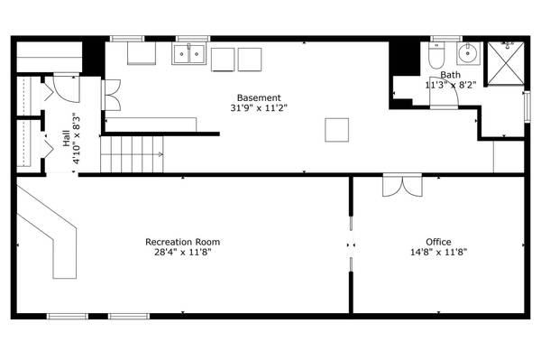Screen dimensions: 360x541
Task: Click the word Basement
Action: click(x=259, y=97)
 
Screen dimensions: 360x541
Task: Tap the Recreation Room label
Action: click(x=183, y=242)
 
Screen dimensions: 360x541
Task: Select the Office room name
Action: click(x=439, y=242)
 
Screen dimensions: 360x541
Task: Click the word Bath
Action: click(x=450, y=75)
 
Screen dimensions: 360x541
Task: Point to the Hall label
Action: click(x=66, y=139)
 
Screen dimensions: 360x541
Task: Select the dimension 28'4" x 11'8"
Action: click(x=183, y=253)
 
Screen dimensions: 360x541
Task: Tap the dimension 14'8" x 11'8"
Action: click(x=439, y=253)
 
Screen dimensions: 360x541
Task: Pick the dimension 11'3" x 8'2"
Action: click(x=450, y=86)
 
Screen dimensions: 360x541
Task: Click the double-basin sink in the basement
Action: click(x=188, y=54)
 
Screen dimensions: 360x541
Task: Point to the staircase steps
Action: click(x=132, y=154)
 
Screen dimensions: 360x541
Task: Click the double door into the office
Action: click(x=399, y=185)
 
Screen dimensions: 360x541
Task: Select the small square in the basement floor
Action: click(x=338, y=129)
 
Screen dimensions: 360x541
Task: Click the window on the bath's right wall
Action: click(x=527, y=105)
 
